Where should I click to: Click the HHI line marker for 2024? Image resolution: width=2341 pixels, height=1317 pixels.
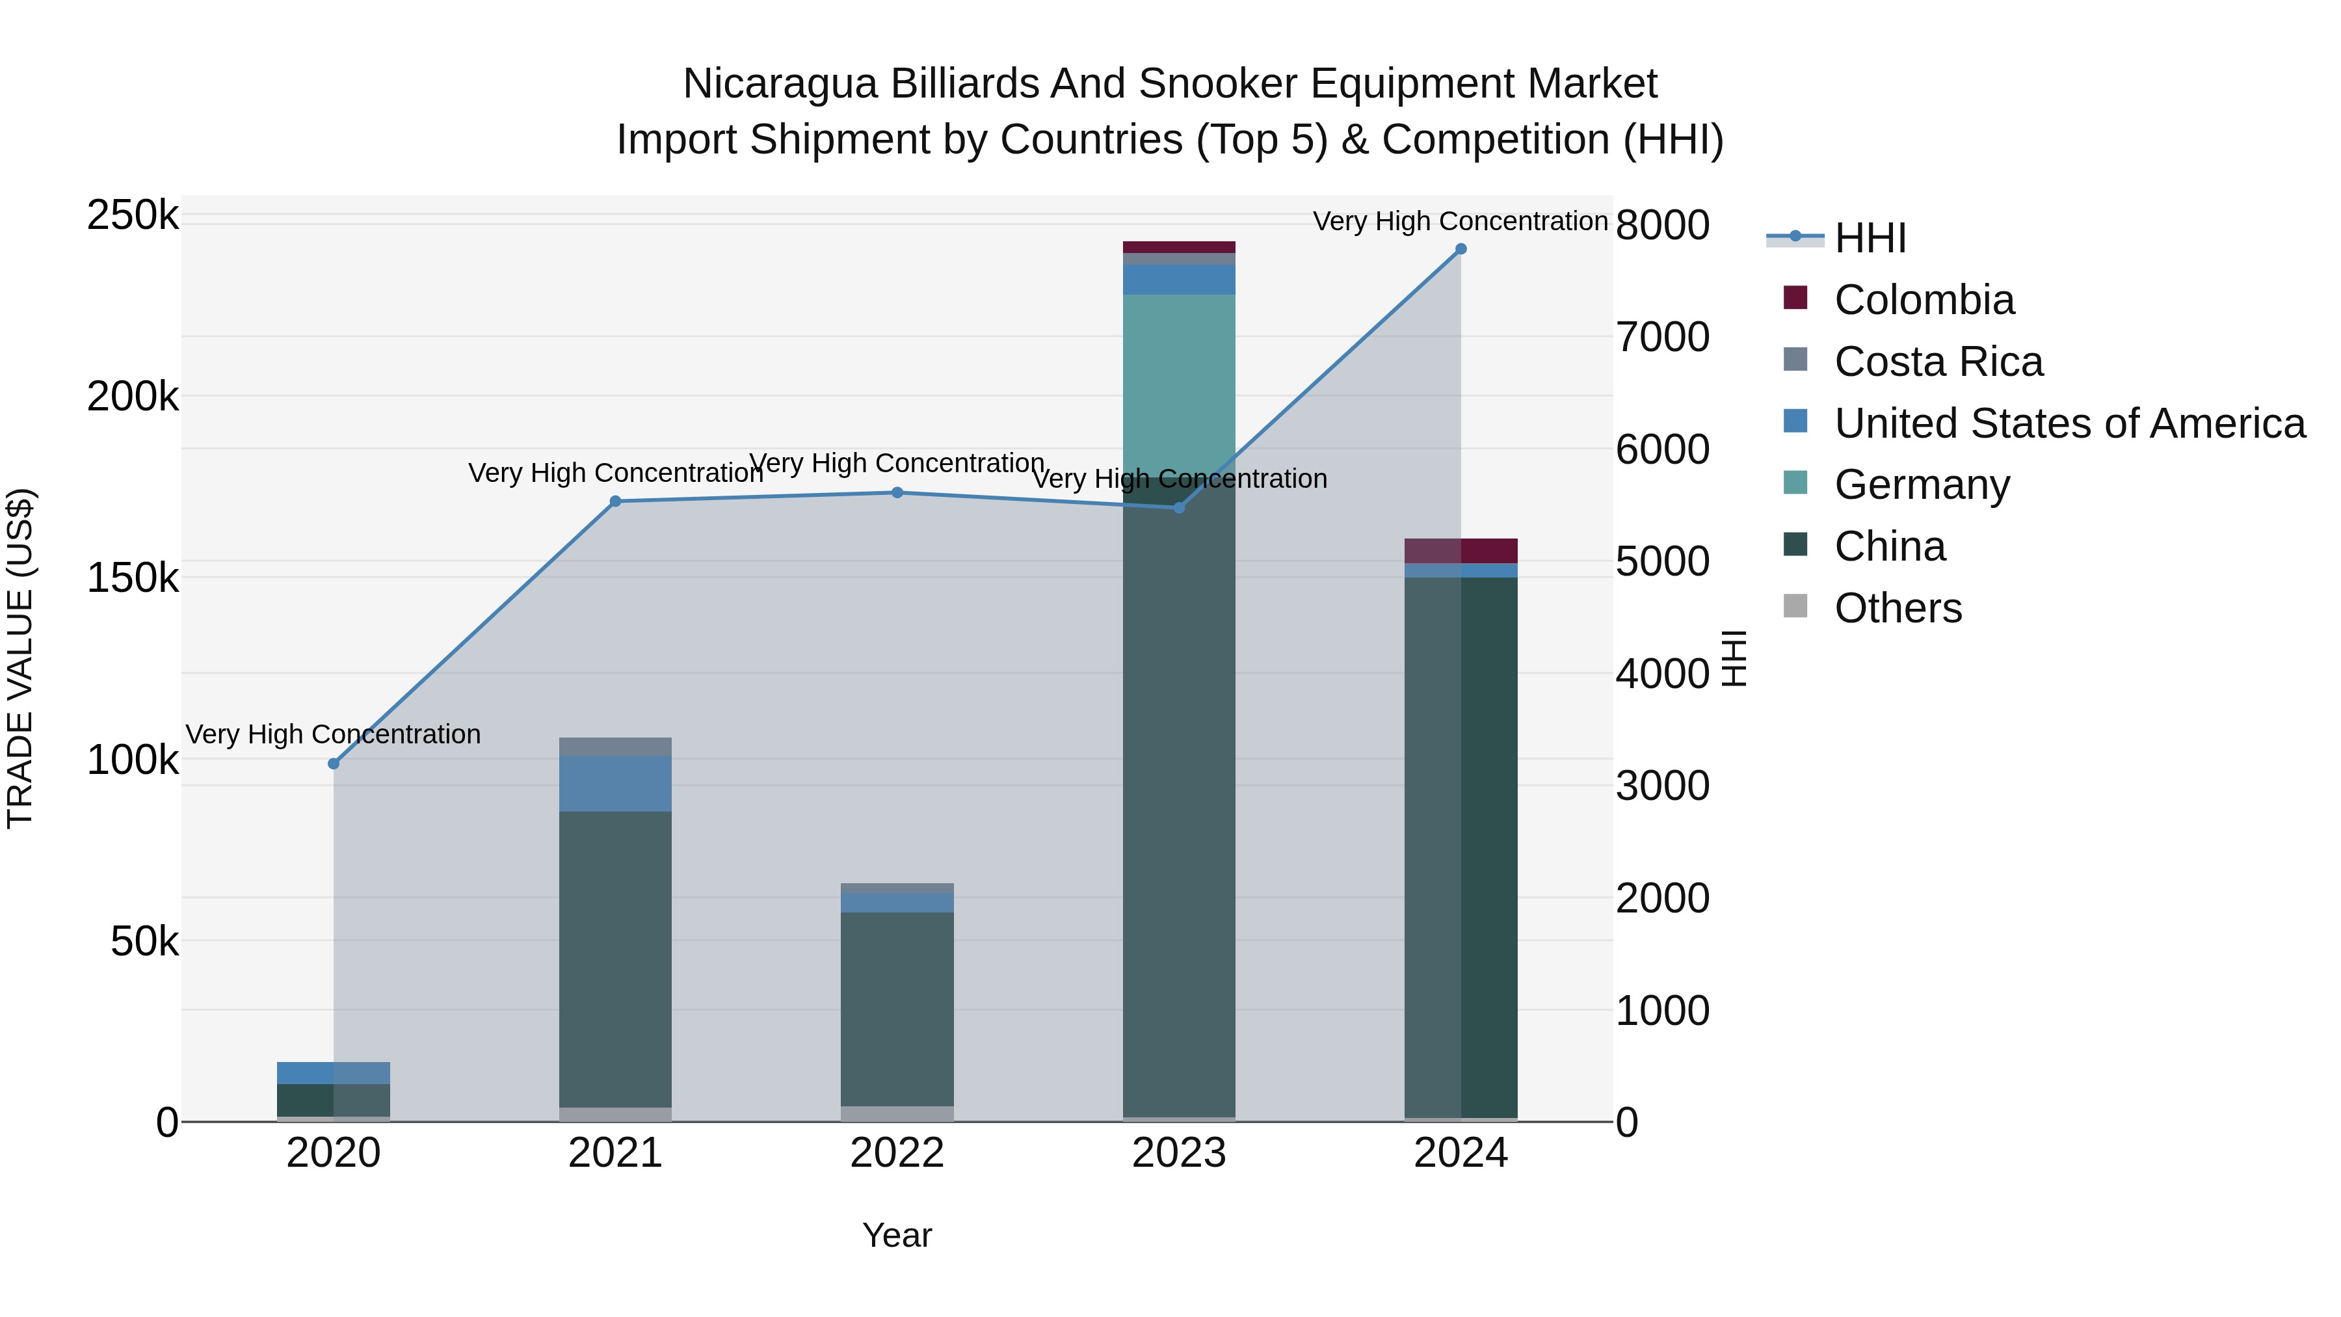(1461, 249)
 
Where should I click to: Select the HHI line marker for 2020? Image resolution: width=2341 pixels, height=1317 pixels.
(334, 764)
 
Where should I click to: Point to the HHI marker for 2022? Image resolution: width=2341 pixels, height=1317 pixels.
(897, 492)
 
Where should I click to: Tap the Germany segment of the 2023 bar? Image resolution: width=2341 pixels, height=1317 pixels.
(1179, 382)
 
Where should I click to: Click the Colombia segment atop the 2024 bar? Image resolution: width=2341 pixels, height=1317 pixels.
(1461, 551)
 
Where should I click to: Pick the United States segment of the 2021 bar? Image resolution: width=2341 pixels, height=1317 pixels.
(615, 784)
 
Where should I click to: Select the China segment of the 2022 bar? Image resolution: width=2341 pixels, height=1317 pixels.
(897, 1009)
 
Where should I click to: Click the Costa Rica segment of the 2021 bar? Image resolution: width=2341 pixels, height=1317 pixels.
(615, 746)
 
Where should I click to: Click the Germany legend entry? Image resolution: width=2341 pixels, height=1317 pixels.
(1921, 485)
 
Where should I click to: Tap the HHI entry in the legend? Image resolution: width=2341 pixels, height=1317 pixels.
(1870, 238)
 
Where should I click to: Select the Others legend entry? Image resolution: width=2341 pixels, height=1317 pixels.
(1898, 608)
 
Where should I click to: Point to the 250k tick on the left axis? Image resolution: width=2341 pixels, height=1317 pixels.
(133, 217)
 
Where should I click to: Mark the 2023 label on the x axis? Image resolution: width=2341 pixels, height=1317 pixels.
(1179, 1153)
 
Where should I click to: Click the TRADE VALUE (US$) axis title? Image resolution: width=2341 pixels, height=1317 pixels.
(20, 658)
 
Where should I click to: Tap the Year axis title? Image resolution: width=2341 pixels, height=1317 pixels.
(897, 1235)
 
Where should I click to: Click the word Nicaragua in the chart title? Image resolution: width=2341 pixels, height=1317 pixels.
(780, 84)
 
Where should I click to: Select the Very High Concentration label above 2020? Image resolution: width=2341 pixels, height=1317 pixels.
(334, 734)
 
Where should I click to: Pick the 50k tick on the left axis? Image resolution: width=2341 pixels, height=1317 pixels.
(144, 942)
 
